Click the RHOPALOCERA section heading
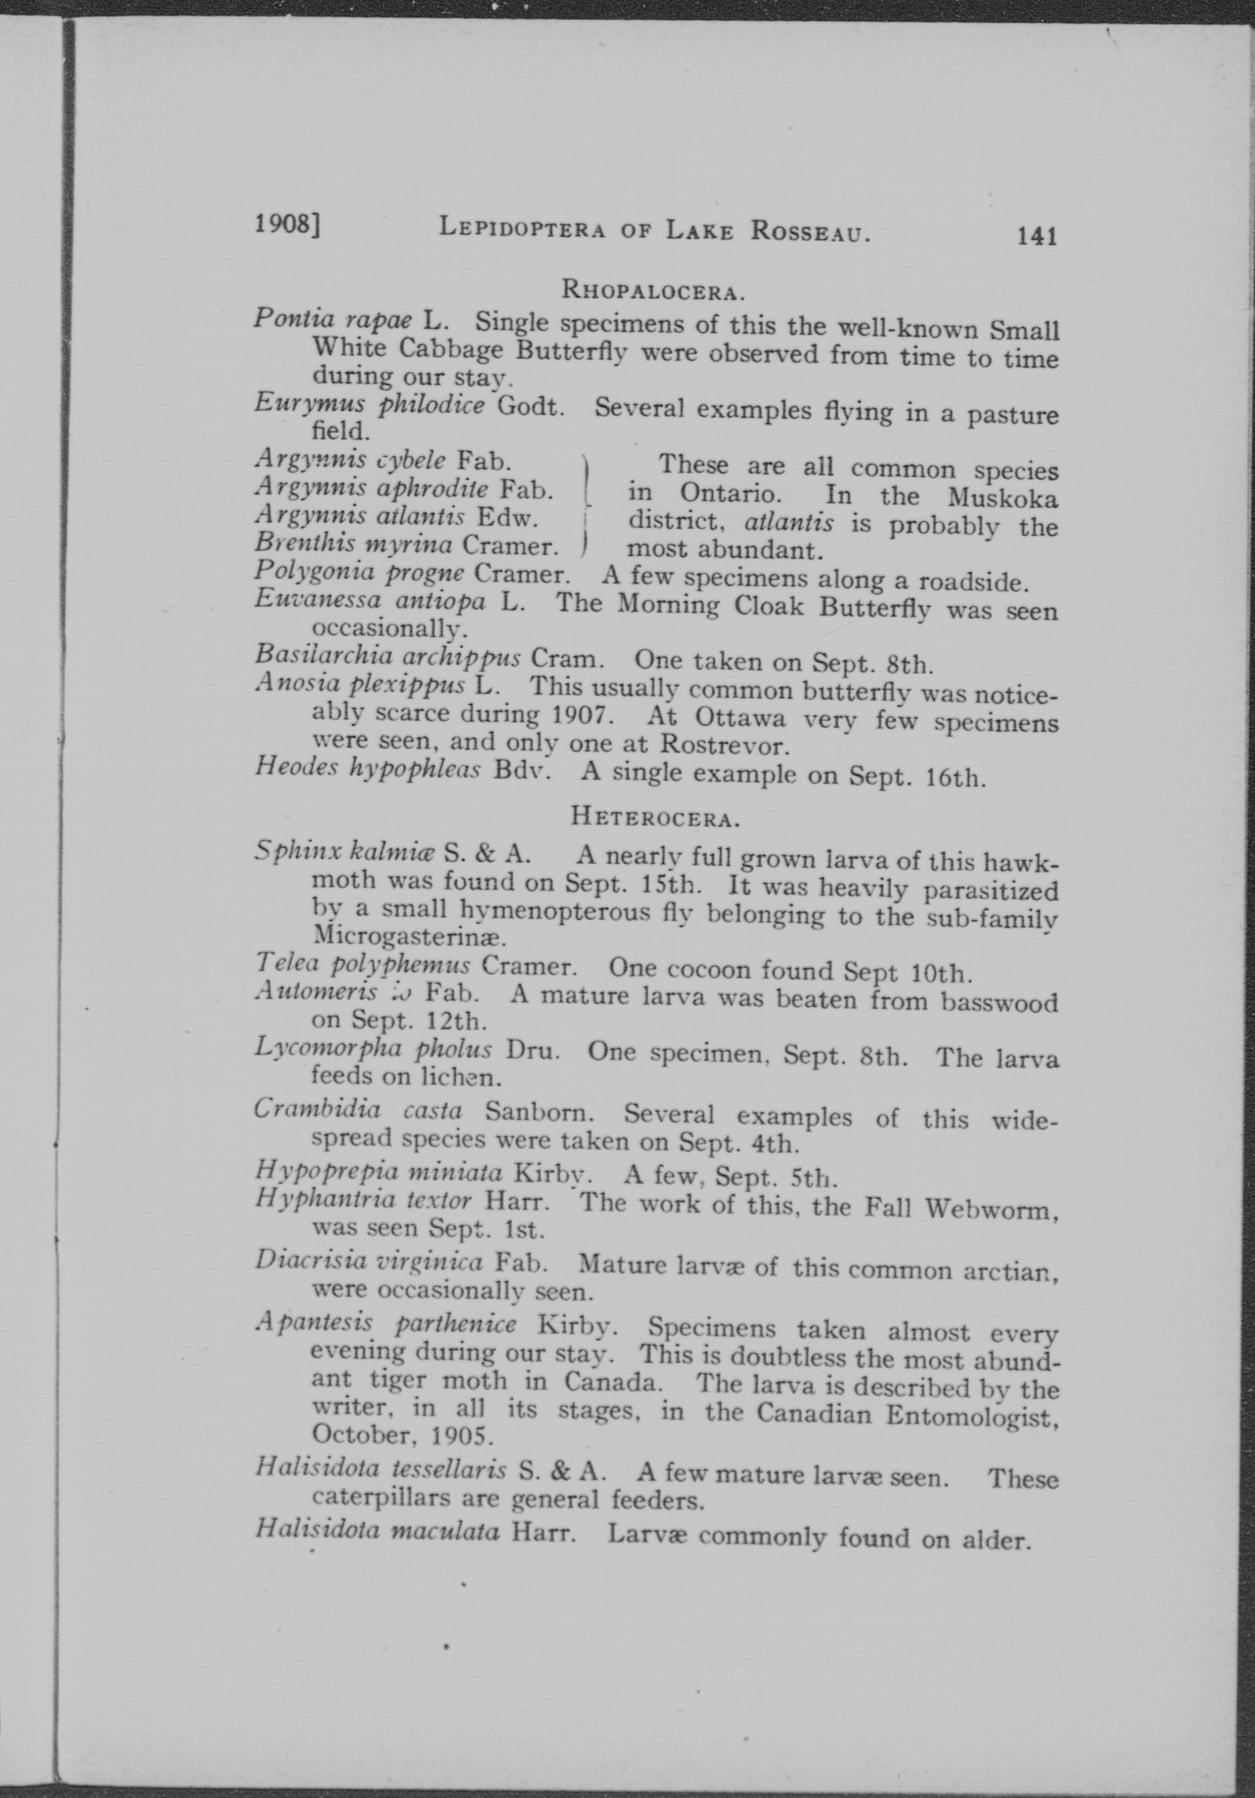click(653, 291)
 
